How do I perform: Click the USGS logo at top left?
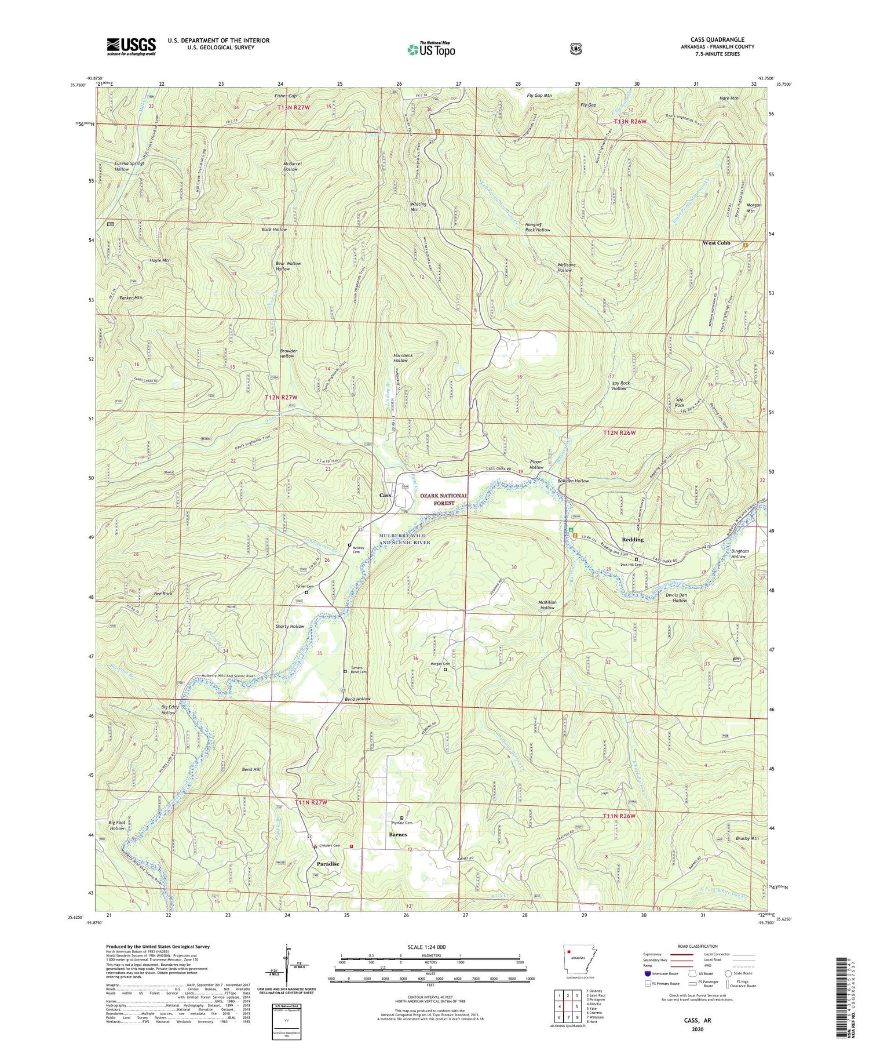[x=131, y=46]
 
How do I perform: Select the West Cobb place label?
[x=716, y=243]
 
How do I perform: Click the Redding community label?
[x=633, y=540]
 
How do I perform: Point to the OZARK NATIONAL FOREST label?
[x=444, y=499]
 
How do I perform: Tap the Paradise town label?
[x=328, y=864]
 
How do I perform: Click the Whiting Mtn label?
[x=418, y=207]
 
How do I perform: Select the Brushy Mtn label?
[x=747, y=838]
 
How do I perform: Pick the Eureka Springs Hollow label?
[x=129, y=166]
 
